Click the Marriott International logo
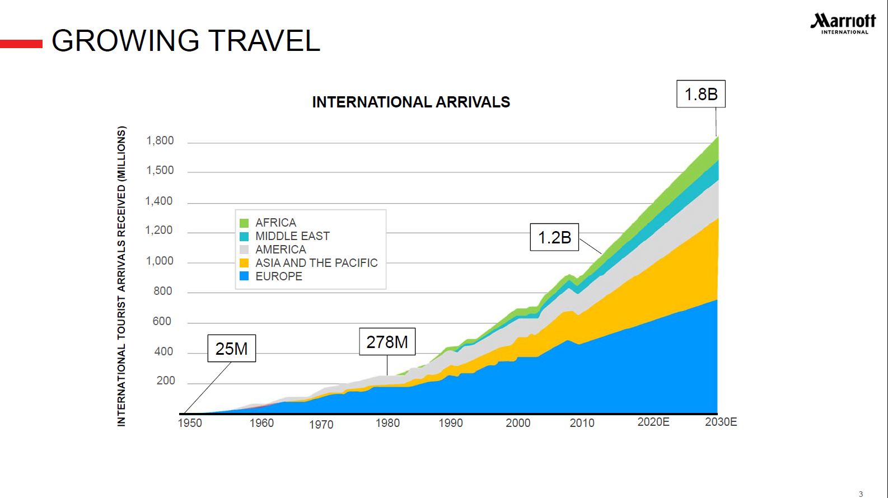tap(843, 24)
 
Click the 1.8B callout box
tap(700, 94)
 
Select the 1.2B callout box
tap(554, 237)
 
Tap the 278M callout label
tap(387, 342)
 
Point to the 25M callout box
tap(231, 349)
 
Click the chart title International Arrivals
tap(411, 102)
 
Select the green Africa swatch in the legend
tap(244, 223)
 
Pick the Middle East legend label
tap(292, 236)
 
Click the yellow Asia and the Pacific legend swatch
tap(244, 263)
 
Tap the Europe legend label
tap(279, 276)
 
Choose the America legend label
tap(281, 250)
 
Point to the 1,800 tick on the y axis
tap(160, 140)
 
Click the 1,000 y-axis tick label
tap(160, 261)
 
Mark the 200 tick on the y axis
tap(166, 380)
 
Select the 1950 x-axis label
tap(190, 423)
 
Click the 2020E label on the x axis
tap(653, 422)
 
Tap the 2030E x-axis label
tap(721, 422)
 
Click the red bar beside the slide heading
tap(21, 44)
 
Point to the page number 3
tap(861, 494)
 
